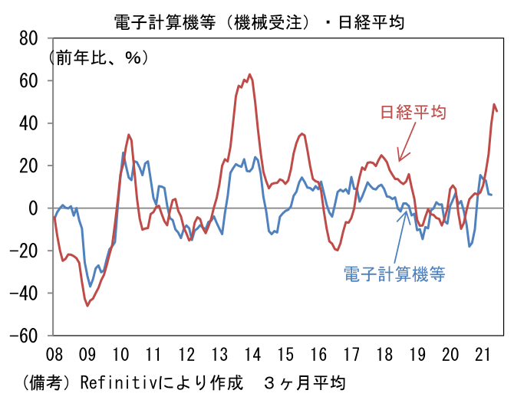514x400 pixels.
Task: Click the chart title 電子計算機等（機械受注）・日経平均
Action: pyautogui.click(x=258, y=22)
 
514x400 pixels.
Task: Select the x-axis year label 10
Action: pyautogui.click(x=120, y=354)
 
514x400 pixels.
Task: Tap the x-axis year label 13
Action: pyautogui.click(x=219, y=354)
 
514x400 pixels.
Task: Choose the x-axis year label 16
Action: pyautogui.click(x=318, y=354)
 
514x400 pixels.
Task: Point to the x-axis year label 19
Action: pyautogui.click(x=417, y=354)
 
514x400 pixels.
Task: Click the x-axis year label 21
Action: pyautogui.click(x=483, y=354)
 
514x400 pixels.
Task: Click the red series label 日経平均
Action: pyautogui.click(x=414, y=112)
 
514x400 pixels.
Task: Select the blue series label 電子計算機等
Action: pyautogui.click(x=394, y=274)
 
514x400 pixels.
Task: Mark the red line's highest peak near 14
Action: pyautogui.click(x=249, y=74)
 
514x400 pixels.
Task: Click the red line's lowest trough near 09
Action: pyautogui.click(x=87, y=306)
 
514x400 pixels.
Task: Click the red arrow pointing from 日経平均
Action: pyautogui.click(x=405, y=142)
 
